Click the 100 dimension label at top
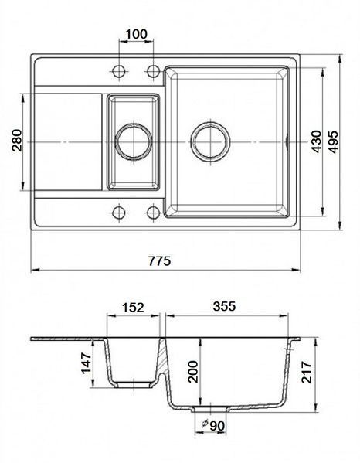[x=136, y=34]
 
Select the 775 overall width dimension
[x=159, y=261]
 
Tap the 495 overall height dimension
[x=333, y=141]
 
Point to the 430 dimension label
[x=316, y=141]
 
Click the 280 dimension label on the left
[x=17, y=141]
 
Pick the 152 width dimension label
[x=133, y=308]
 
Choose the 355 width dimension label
[x=225, y=306]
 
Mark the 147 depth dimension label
[x=87, y=363]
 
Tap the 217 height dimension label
[x=306, y=372]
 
